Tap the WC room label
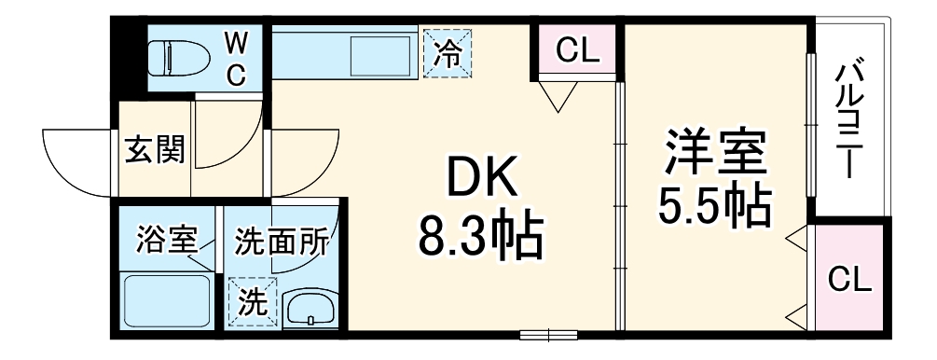click(x=237, y=58)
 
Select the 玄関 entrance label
click(x=155, y=150)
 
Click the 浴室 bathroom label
click(x=166, y=241)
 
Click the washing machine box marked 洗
click(x=251, y=301)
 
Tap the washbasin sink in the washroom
click(x=311, y=307)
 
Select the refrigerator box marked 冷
click(x=447, y=53)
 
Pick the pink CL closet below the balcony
click(x=850, y=278)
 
